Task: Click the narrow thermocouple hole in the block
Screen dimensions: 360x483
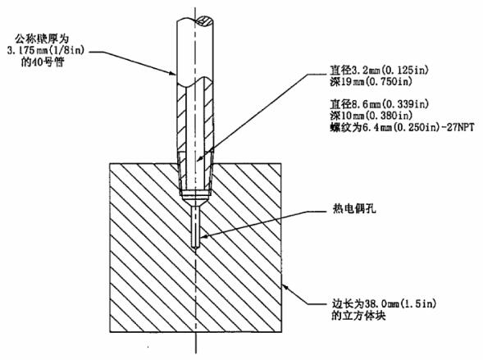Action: coord(196,226)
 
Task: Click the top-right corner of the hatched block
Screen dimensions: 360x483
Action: coord(282,163)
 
